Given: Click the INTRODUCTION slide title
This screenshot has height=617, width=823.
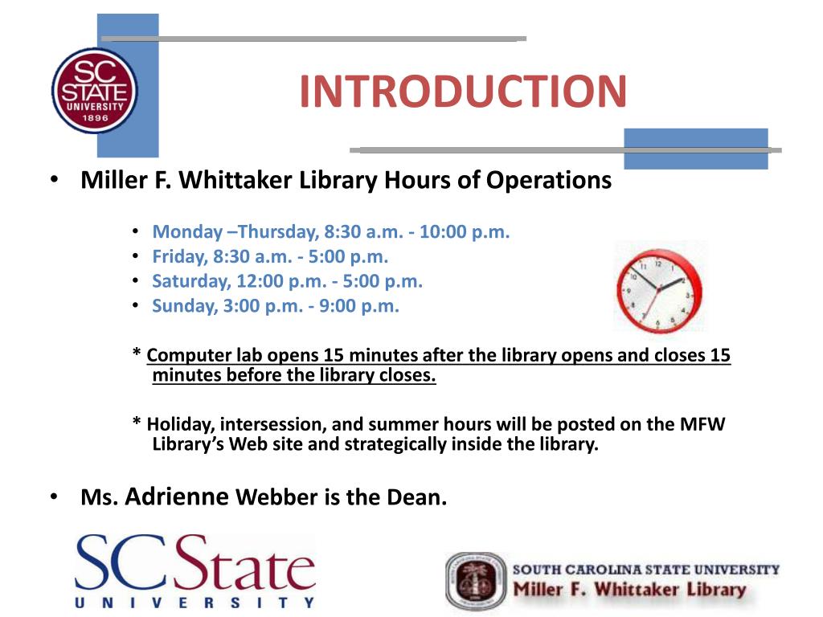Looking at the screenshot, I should (x=463, y=91).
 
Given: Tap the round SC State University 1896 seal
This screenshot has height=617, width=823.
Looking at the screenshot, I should (x=95, y=90).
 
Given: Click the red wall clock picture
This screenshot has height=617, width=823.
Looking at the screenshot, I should (x=660, y=287).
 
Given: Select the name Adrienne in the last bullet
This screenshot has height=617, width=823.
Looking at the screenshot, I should (x=177, y=496).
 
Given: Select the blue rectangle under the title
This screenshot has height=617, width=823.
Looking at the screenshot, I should (x=696, y=149).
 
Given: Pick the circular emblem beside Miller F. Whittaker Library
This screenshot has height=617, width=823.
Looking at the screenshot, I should (x=476, y=582).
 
